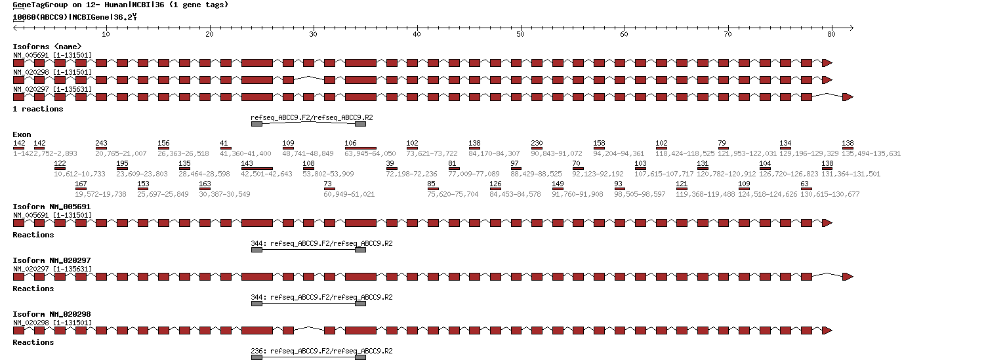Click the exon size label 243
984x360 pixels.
(x=101, y=144)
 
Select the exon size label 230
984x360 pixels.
(x=537, y=144)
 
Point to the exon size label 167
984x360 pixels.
(x=81, y=184)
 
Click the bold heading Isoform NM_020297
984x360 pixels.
(x=52, y=260)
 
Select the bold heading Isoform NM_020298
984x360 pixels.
(x=52, y=314)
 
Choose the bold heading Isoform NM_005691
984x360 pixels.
(x=52, y=207)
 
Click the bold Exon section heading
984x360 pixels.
(x=22, y=134)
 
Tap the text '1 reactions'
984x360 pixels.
(x=38, y=109)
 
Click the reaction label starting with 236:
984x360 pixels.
(x=321, y=351)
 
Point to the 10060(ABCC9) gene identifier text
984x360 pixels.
(x=39, y=17)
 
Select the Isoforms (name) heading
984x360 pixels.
(x=47, y=47)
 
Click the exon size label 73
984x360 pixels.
(x=328, y=184)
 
